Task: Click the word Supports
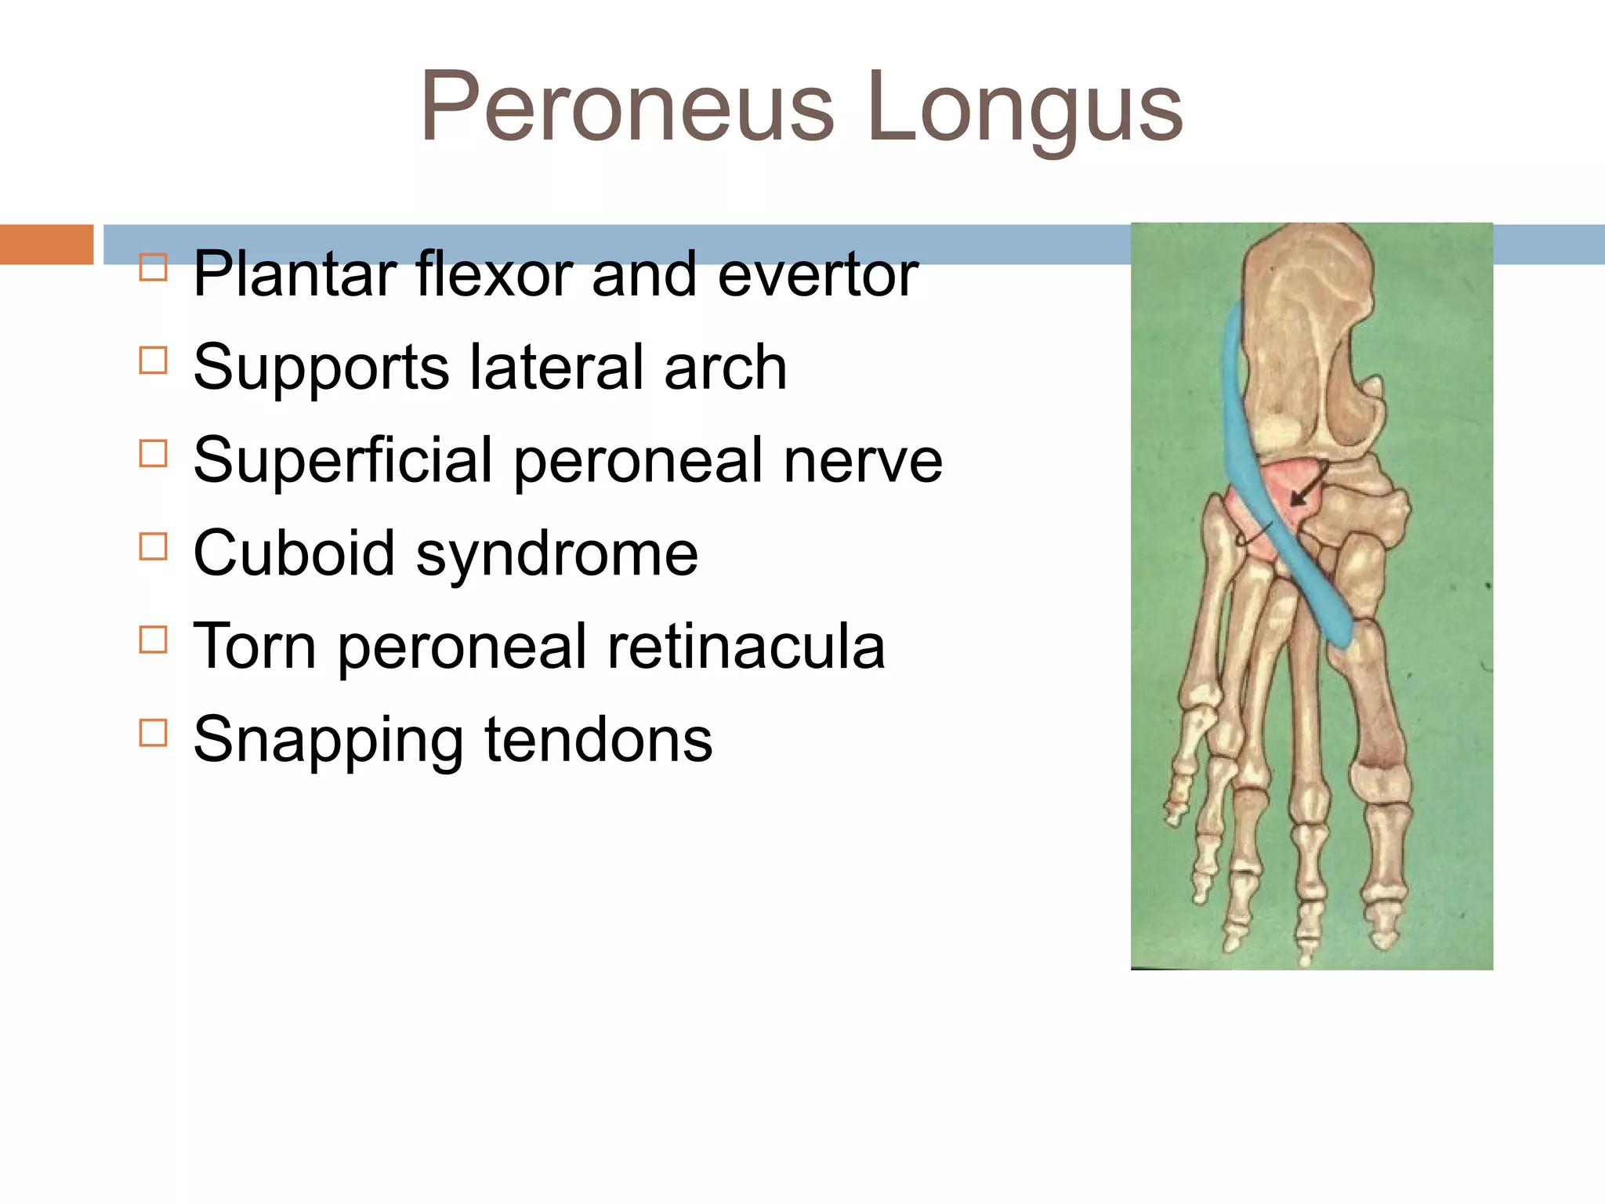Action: (321, 368)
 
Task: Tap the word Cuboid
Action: (293, 553)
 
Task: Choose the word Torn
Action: (255, 647)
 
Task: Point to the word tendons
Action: (599, 740)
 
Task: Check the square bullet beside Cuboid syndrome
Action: (153, 546)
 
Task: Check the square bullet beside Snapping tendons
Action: (153, 733)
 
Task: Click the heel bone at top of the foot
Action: (1305, 329)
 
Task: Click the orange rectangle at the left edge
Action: (46, 244)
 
